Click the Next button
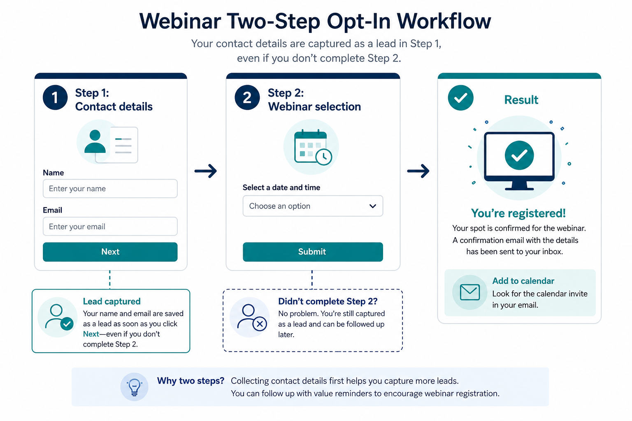click(x=110, y=252)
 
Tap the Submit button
click(x=313, y=252)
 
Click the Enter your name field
click(x=110, y=188)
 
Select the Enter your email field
click(x=110, y=226)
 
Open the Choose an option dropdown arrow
click(x=372, y=206)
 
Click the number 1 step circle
click(x=55, y=97)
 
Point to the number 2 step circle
click(x=247, y=97)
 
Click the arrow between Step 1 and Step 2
click(x=206, y=171)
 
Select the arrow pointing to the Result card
click(x=418, y=171)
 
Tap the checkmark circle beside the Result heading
click(x=460, y=97)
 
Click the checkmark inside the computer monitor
click(x=519, y=155)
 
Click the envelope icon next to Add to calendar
click(x=470, y=292)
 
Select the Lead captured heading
click(x=112, y=301)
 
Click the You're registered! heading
click(x=518, y=213)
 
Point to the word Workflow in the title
click(x=444, y=21)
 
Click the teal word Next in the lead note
click(x=91, y=334)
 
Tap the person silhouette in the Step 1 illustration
click(x=95, y=141)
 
